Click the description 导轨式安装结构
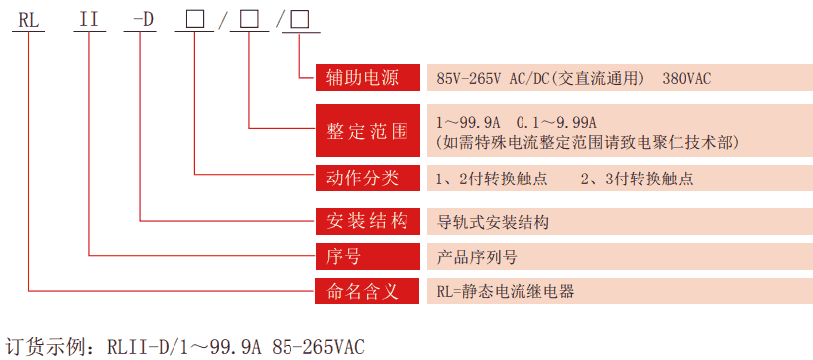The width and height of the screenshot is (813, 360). click(494, 220)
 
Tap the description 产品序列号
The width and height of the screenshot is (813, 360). click(478, 256)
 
